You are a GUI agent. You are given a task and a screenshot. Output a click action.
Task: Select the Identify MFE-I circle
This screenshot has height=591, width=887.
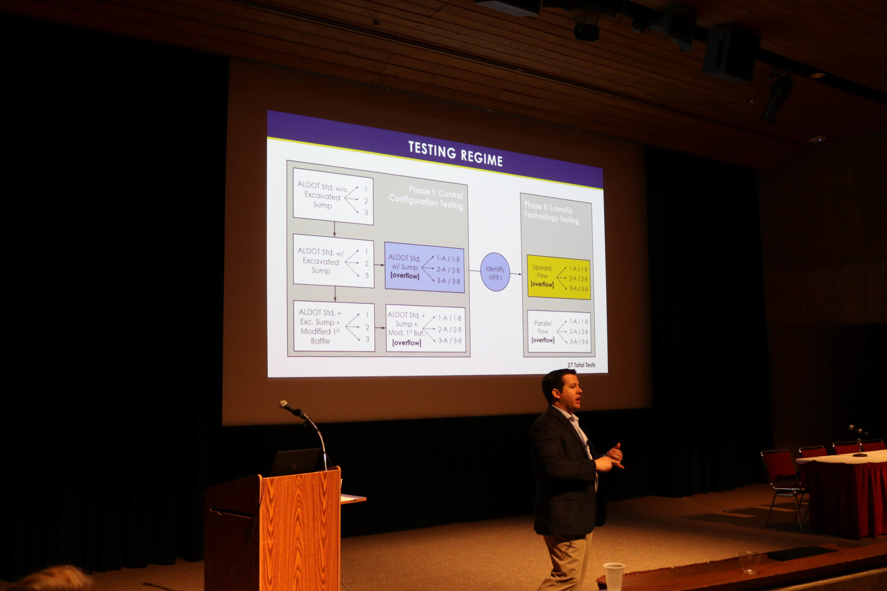click(x=495, y=272)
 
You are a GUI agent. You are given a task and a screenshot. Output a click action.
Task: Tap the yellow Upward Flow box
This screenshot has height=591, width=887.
click(x=559, y=277)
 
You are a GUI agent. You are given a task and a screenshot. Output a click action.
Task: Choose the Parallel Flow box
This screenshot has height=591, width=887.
click(x=559, y=331)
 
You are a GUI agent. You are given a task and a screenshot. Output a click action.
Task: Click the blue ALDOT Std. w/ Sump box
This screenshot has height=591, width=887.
click(x=424, y=267)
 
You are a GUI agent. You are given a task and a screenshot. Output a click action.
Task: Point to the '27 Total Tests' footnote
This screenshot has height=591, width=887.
click(x=581, y=365)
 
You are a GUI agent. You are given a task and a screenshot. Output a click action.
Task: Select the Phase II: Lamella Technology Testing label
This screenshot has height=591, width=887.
click(x=551, y=213)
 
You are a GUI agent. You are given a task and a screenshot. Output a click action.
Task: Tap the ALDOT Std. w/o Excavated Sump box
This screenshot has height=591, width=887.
click(x=333, y=196)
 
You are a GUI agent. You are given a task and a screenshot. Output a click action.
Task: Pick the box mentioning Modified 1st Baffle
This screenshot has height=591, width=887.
click(x=334, y=326)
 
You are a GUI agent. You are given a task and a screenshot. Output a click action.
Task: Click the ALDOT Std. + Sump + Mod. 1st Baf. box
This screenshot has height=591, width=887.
click(x=426, y=328)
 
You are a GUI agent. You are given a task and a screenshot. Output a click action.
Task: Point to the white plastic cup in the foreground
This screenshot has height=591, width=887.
click(x=614, y=577)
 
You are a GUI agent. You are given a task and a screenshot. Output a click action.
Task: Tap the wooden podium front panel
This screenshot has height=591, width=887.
click(x=300, y=530)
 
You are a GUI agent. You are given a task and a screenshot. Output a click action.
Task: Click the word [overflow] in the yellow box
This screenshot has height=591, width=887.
click(x=542, y=284)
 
